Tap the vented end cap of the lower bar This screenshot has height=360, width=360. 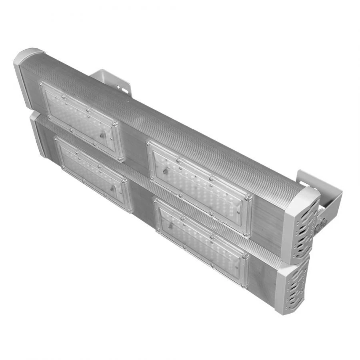tap(294, 286)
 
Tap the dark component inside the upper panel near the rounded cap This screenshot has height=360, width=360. tap(103, 135)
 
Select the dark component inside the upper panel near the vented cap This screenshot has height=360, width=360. tap(165, 172)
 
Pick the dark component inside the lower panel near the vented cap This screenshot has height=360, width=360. tap(170, 226)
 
